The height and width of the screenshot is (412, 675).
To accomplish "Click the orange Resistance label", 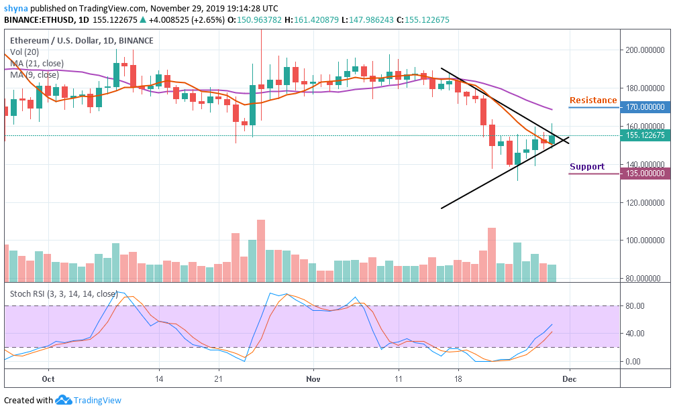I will (593, 100).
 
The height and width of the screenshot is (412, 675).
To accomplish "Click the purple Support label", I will (587, 167).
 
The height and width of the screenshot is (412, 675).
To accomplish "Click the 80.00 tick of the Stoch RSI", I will (635, 305).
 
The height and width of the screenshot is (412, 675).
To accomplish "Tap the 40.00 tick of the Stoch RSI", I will (635, 334).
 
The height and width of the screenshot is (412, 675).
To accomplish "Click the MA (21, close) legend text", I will (37, 64).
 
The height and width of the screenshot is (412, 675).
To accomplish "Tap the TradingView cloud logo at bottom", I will (64, 400).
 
